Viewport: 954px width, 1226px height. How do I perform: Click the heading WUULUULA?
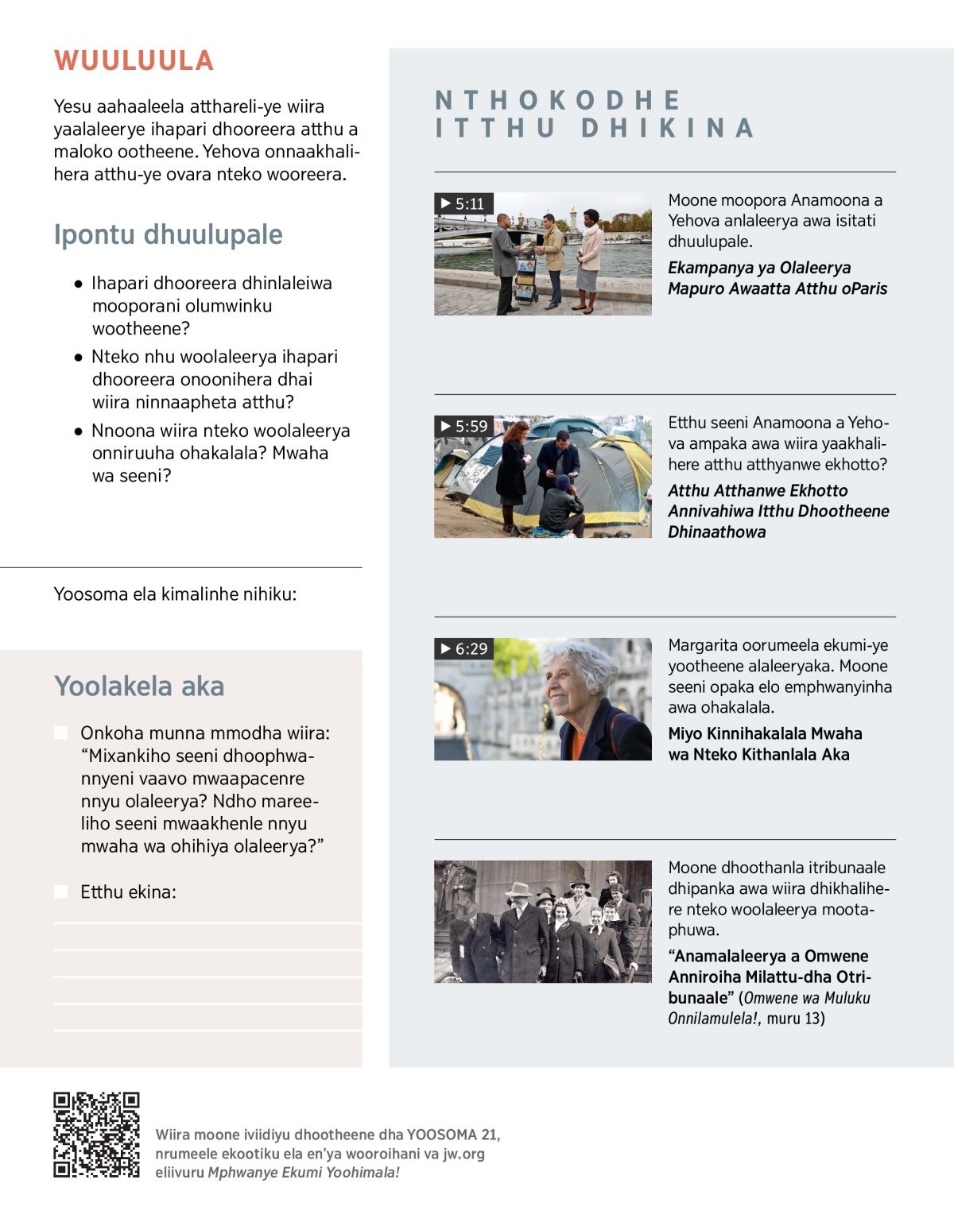pos(134,61)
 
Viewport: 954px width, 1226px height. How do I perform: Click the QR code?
pos(96,1134)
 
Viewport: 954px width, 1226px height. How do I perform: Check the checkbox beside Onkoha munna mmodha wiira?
pos(61,733)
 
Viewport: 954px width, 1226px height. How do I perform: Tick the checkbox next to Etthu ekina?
pos(61,891)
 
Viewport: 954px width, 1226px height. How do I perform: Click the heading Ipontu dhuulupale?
pos(168,234)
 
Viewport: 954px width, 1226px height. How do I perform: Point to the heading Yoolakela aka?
pos(139,686)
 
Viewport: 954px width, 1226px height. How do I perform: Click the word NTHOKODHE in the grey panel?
pos(558,100)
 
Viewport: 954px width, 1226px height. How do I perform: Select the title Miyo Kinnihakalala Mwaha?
pos(765,733)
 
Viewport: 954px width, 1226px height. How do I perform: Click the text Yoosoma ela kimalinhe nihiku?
pos(175,594)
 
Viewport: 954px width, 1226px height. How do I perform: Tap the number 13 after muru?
pos(814,1019)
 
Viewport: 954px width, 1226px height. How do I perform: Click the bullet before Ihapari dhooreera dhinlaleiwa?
pos(78,284)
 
